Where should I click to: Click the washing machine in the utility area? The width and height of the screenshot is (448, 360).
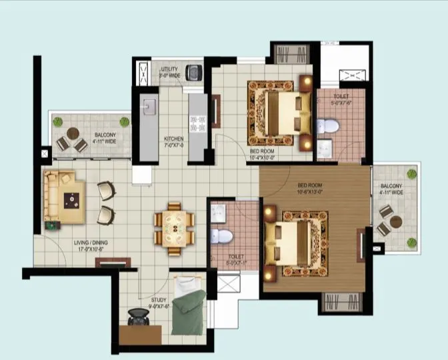[x=194, y=71]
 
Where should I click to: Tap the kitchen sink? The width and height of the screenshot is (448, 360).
[x=149, y=107]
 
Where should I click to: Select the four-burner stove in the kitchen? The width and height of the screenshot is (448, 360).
[x=197, y=121]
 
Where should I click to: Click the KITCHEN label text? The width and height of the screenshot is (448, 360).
[x=174, y=139]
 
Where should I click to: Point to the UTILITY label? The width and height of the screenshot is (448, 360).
[x=169, y=69]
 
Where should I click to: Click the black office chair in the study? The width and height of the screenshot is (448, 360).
[x=138, y=320]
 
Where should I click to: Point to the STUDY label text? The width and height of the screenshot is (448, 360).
[x=159, y=300]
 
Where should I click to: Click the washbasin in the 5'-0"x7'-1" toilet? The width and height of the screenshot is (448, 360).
[x=217, y=212]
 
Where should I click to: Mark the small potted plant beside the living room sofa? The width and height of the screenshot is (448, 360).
[x=51, y=225]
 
